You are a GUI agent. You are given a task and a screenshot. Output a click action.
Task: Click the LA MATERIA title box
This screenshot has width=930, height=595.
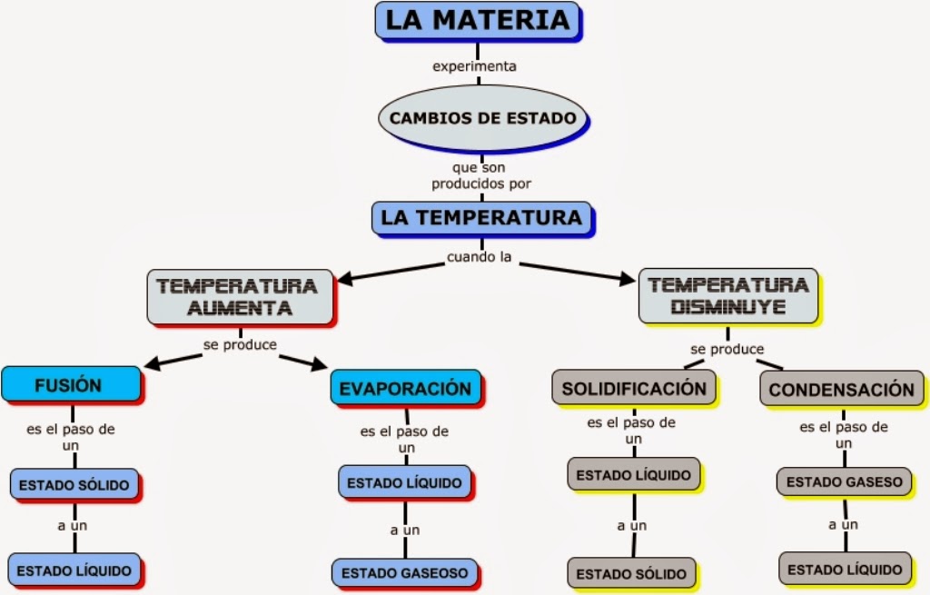coord(477,20)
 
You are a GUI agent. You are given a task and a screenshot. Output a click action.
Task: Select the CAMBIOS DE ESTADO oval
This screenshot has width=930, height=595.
coord(481,118)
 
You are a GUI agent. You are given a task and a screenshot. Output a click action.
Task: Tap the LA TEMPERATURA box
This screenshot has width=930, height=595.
coord(481,218)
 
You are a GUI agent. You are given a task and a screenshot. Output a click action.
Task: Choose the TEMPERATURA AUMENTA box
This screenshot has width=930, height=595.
coord(240,296)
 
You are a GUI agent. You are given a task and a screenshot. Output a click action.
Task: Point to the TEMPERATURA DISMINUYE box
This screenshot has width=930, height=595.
coord(728,296)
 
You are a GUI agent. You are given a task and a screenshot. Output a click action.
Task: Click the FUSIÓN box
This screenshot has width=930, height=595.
coord(69,384)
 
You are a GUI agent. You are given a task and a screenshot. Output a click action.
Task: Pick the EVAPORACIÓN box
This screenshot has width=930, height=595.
coord(405,389)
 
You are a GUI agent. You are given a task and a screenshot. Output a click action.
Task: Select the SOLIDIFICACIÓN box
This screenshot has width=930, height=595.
coord(633,389)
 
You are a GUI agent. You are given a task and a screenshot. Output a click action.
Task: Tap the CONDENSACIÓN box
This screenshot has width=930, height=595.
coord(841,390)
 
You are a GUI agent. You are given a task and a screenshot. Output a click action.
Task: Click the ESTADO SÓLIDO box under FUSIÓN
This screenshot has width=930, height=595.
coord(74,483)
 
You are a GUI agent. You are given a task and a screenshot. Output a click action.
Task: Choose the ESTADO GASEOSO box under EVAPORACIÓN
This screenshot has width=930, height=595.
coord(405,572)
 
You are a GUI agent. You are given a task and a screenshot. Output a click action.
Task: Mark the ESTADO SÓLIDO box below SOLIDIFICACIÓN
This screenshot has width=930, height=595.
coord(632,573)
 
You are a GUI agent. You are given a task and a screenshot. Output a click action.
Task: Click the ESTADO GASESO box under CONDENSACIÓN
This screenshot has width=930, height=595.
coord(844,481)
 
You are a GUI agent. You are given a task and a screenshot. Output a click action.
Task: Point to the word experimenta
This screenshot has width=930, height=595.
coord(474,66)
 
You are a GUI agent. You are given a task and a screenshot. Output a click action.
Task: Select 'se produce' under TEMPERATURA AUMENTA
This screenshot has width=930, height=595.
coord(240,345)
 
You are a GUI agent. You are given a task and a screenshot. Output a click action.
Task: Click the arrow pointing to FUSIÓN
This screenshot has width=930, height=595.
coord(173,361)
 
